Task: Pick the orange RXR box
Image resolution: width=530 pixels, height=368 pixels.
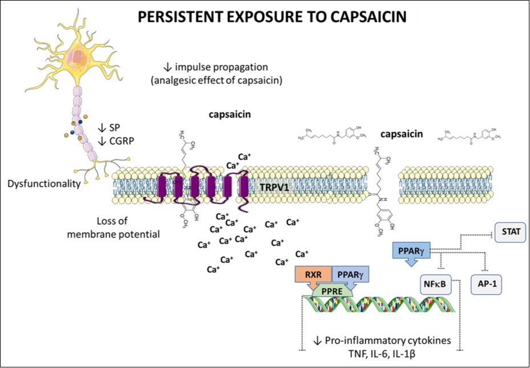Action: (x=313, y=274)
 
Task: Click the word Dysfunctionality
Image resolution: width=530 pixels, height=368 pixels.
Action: (x=43, y=184)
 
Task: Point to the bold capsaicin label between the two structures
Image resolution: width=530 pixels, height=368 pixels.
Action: (x=402, y=135)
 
